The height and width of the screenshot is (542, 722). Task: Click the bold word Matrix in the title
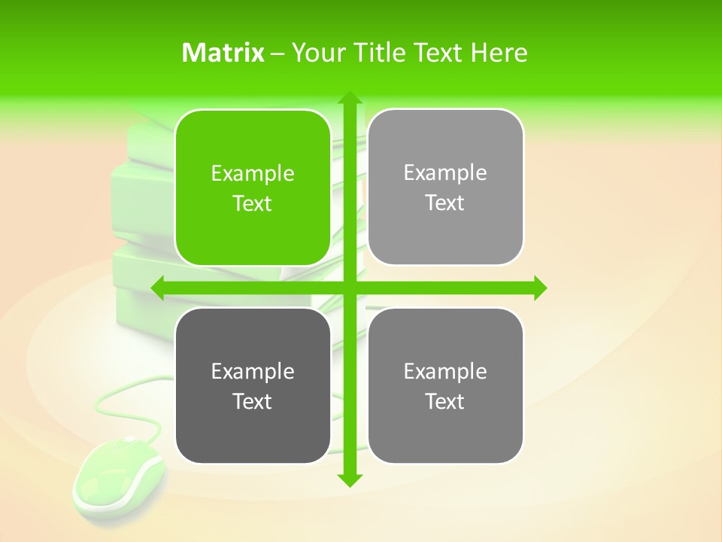(223, 53)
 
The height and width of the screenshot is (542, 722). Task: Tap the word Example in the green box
(252, 174)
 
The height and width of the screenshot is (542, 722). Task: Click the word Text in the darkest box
(252, 401)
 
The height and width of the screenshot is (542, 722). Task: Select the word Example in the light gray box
(445, 173)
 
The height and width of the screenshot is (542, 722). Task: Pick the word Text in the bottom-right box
(445, 401)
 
